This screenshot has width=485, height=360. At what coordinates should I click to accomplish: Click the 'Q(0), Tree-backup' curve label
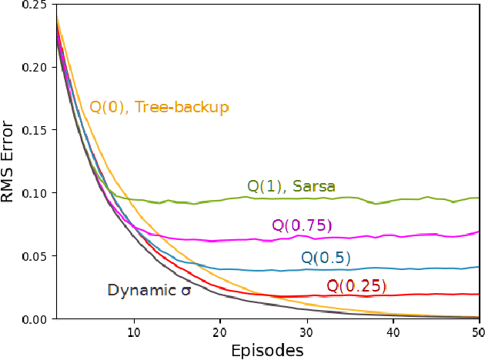(x=159, y=107)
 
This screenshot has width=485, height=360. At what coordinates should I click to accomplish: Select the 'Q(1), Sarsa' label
(x=291, y=186)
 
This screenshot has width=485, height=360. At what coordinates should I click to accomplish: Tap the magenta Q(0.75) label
(x=301, y=225)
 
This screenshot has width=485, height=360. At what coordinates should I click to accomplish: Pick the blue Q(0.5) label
(x=326, y=258)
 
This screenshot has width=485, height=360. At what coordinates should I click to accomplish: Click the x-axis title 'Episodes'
(x=267, y=350)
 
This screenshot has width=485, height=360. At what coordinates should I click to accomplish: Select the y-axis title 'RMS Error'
(x=9, y=161)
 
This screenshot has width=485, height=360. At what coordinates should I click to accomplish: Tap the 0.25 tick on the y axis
(x=23, y=5)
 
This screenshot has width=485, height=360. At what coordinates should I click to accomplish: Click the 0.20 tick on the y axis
(x=23, y=67)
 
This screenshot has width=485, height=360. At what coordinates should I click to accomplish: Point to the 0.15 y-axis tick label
(x=23, y=130)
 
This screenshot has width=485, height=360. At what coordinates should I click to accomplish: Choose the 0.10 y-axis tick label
(x=23, y=193)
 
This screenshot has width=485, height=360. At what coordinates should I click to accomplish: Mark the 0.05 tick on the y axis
(x=23, y=255)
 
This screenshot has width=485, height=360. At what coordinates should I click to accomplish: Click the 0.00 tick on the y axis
(x=23, y=318)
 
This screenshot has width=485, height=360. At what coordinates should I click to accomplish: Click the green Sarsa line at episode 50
(x=478, y=198)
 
